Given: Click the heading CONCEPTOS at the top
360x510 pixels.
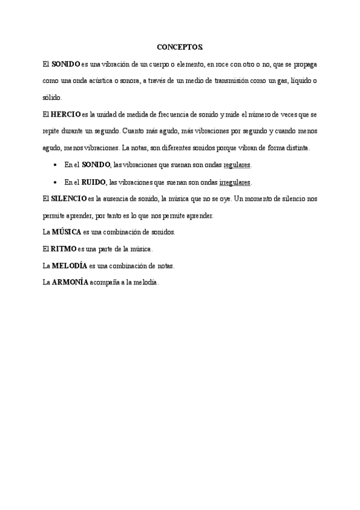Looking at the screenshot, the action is [180, 46].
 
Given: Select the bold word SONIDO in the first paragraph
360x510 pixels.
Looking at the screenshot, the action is [66, 63].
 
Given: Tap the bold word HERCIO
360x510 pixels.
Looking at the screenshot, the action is [66, 114].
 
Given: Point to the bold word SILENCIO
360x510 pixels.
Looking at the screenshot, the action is [69, 198].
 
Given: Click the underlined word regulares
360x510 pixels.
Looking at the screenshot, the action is [237, 165].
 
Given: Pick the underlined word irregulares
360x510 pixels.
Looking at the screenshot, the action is [235, 182].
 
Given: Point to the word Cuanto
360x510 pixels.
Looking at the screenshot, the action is [133, 131].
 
